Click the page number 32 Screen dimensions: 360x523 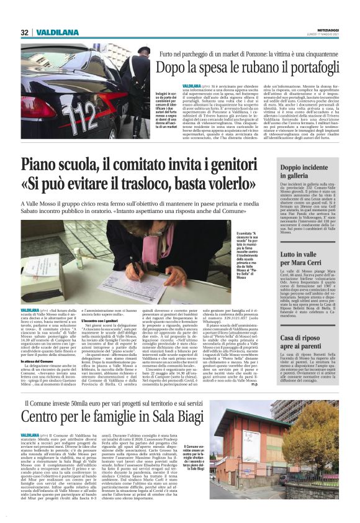[25, 32]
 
